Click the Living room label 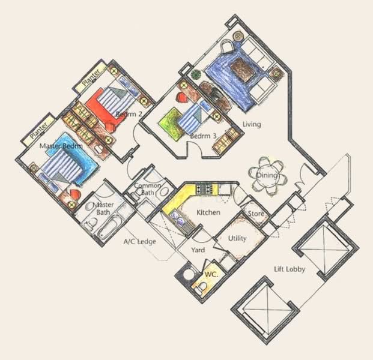pyautogui.click(x=252, y=124)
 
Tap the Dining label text pyautogui.click(x=267, y=176)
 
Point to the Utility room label pyautogui.click(x=237, y=238)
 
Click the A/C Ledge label pyautogui.click(x=139, y=242)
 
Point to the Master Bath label pyautogui.click(x=103, y=208)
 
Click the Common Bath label pyautogui.click(x=146, y=189)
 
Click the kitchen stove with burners pyautogui.click(x=205, y=190)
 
